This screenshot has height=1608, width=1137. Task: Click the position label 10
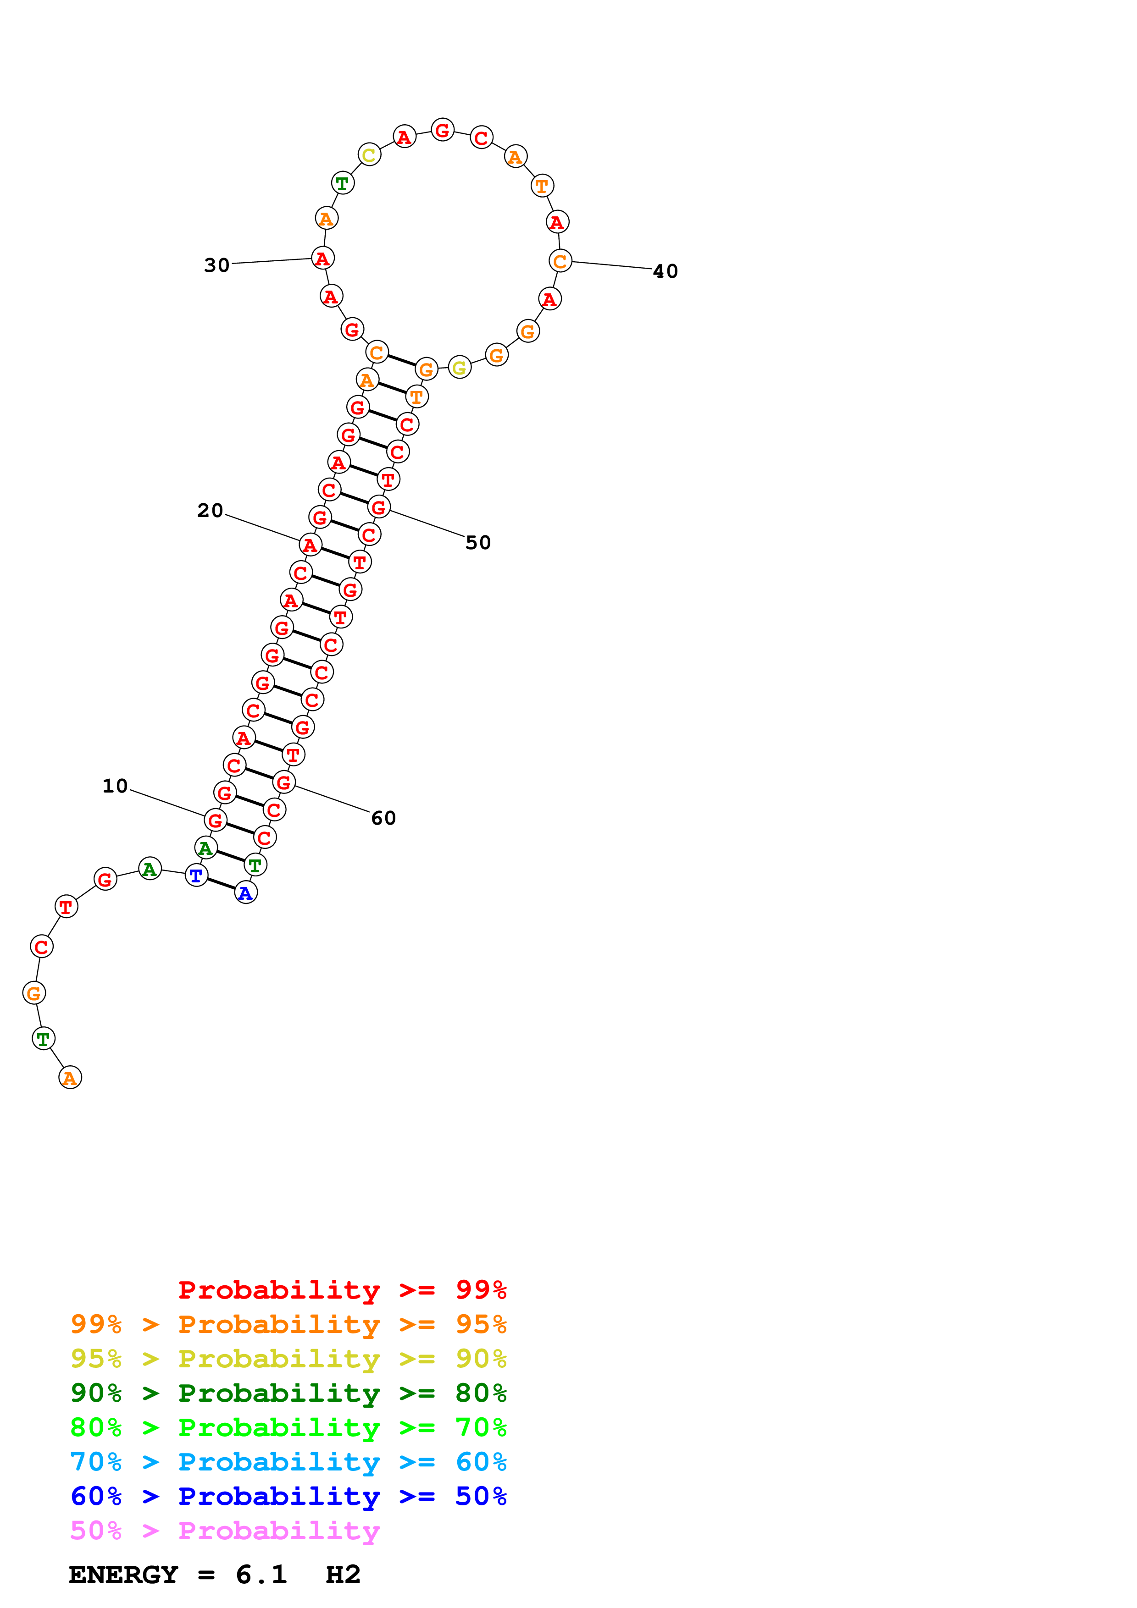(x=115, y=786)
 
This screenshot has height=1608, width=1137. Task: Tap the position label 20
(x=210, y=511)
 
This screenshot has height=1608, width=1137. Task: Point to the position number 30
(x=216, y=265)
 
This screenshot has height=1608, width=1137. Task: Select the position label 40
(x=665, y=271)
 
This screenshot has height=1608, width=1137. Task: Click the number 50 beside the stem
(x=478, y=543)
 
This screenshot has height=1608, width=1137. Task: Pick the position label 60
(x=383, y=818)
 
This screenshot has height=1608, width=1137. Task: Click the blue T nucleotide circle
(x=196, y=875)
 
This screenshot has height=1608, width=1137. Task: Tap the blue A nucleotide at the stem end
(x=245, y=893)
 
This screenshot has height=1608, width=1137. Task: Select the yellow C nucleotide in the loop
(x=369, y=155)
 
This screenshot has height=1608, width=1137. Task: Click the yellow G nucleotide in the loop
(x=460, y=367)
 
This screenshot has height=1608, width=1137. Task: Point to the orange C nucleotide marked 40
(x=560, y=261)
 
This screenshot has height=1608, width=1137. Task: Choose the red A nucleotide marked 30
(x=322, y=259)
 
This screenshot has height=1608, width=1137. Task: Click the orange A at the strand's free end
(x=70, y=1078)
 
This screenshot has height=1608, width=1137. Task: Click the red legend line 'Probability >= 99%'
(x=342, y=1290)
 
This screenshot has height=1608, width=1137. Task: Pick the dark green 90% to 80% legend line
(x=288, y=1393)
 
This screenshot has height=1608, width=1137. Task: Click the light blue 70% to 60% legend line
(x=288, y=1462)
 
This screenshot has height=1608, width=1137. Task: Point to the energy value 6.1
(x=261, y=1575)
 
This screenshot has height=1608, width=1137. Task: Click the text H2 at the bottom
(x=343, y=1575)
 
